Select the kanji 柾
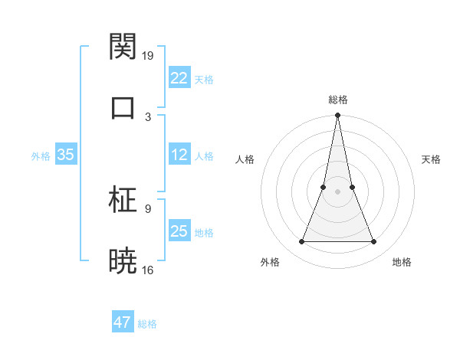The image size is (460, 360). point(123,201)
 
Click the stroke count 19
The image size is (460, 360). point(148,56)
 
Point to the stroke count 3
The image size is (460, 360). point(148,116)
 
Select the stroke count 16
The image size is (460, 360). point(148,270)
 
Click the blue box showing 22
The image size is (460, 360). point(179,77)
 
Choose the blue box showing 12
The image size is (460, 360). point(179,155)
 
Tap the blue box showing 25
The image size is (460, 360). point(179,231)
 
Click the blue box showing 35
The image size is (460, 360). point(66,155)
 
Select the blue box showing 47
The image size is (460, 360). point(123,322)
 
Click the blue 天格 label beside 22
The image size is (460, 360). point(204,79)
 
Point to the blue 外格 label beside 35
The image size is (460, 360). point(41,155)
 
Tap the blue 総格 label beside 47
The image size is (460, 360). point(147,324)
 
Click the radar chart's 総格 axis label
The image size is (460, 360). point(338,100)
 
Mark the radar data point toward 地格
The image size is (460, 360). point(374,242)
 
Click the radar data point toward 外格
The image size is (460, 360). point(301,242)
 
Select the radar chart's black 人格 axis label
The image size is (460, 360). point(245,159)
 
